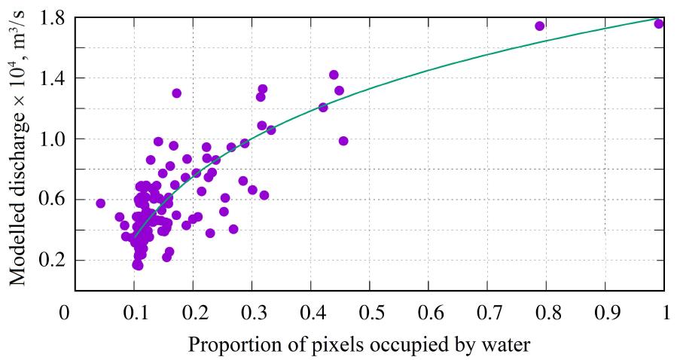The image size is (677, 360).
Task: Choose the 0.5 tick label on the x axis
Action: click(x=370, y=311)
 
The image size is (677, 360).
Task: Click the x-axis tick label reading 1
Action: click(x=664, y=311)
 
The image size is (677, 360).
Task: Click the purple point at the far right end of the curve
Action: click(x=659, y=23)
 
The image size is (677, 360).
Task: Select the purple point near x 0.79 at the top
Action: click(x=540, y=26)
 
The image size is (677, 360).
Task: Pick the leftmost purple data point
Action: click(x=100, y=203)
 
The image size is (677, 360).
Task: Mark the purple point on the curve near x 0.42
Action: click(x=323, y=107)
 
